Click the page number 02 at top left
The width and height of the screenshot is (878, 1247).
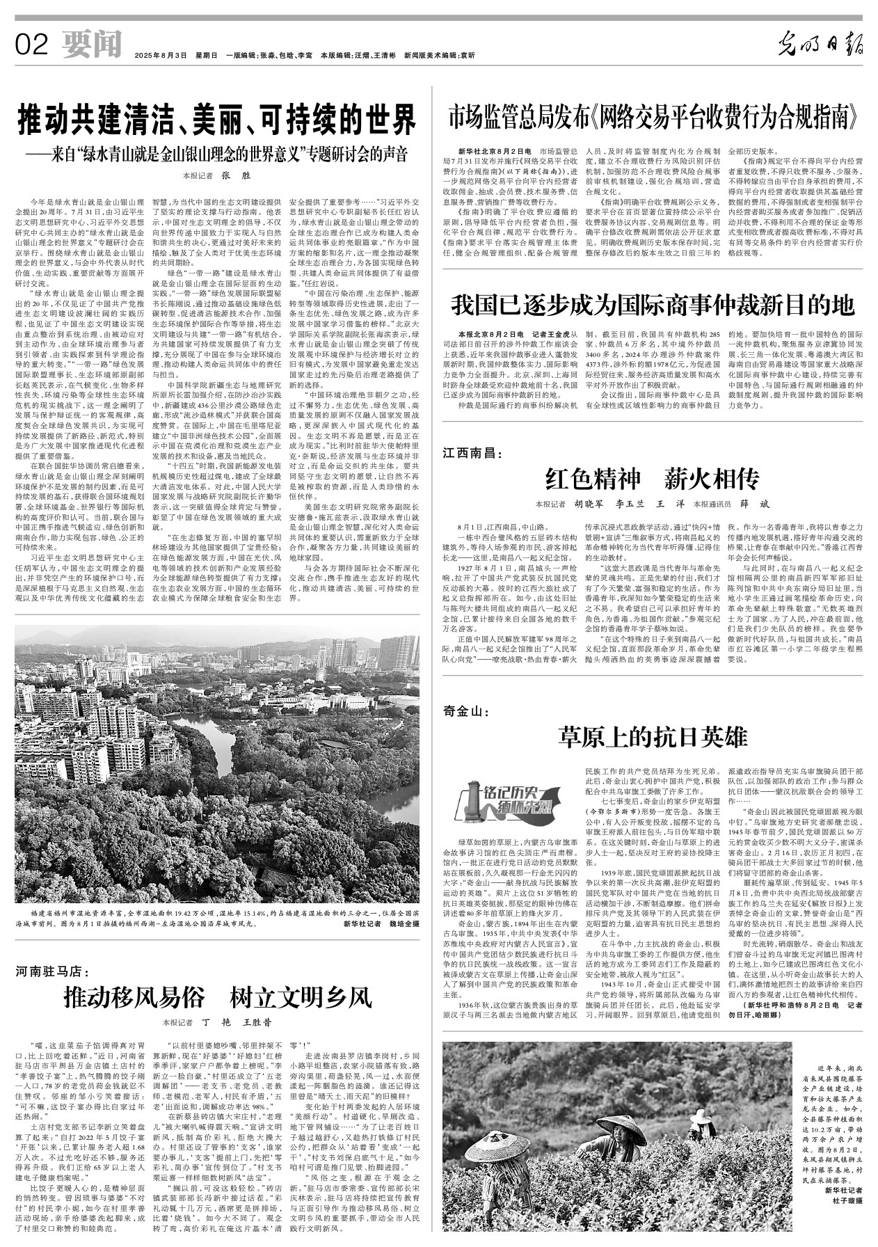[x=31, y=46]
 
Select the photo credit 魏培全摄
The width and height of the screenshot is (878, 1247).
[x=399, y=924]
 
